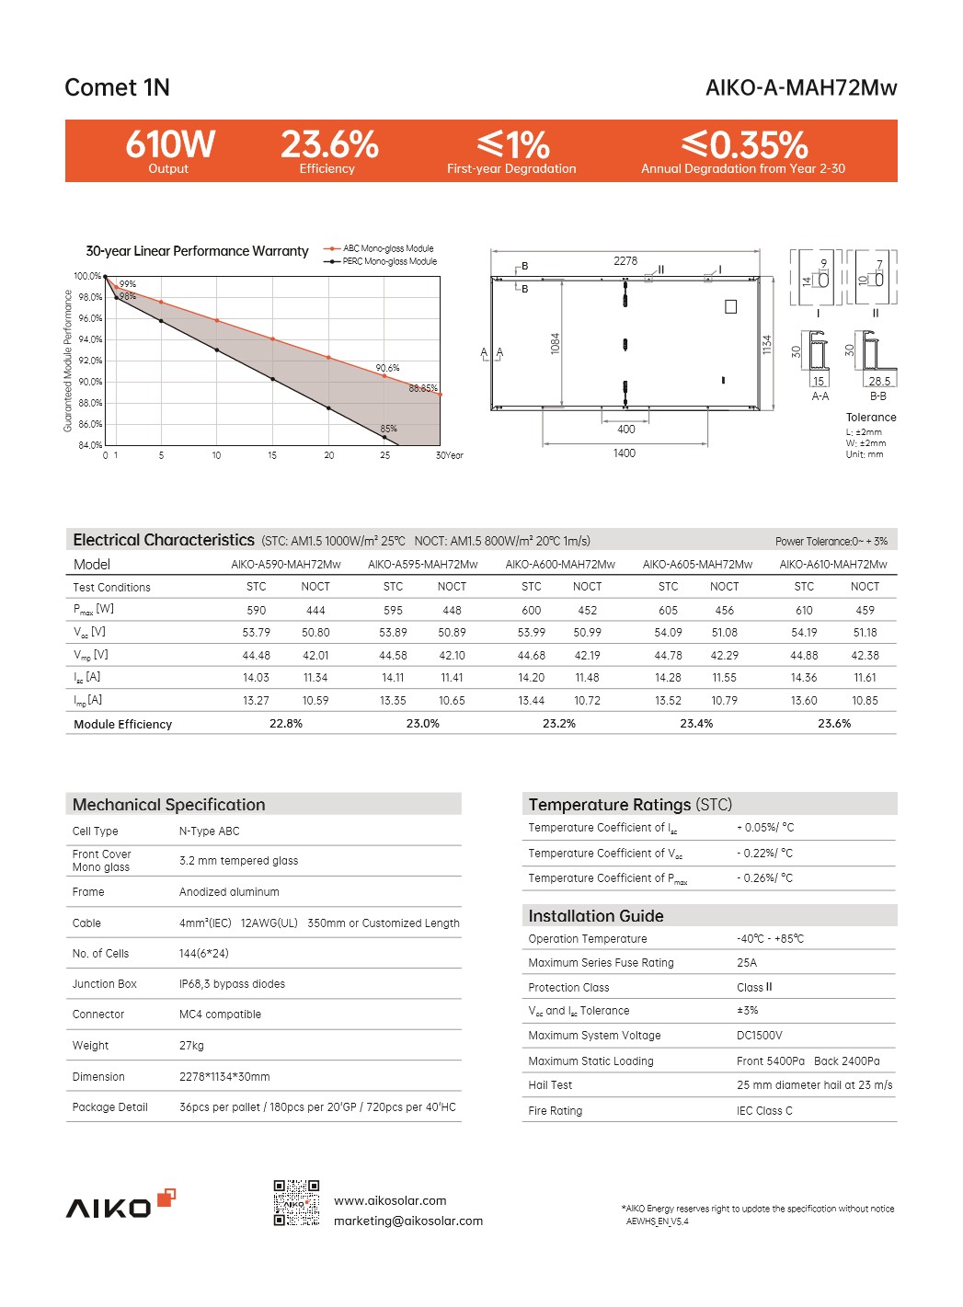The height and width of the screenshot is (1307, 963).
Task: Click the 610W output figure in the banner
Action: click(170, 145)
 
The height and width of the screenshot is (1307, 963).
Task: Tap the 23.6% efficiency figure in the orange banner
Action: click(328, 145)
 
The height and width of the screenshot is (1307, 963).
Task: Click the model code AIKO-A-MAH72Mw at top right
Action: click(800, 87)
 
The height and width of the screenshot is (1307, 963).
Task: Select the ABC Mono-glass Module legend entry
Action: click(387, 248)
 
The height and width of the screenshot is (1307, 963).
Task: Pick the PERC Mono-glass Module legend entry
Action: click(389, 261)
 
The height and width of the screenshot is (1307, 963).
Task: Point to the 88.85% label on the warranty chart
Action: click(423, 388)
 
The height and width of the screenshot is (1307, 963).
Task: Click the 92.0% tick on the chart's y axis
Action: click(90, 361)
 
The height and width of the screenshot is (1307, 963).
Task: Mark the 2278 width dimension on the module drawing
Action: click(625, 261)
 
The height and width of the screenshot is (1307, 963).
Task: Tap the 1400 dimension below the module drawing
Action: click(625, 453)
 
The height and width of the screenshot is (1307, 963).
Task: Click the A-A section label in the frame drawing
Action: click(820, 396)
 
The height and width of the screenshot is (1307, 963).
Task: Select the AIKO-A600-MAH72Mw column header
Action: click(560, 565)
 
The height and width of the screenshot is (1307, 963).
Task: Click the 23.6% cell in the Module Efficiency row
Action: click(834, 724)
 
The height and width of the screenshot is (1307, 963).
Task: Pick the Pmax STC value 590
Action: click(257, 610)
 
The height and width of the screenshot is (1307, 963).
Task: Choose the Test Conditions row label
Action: click(111, 587)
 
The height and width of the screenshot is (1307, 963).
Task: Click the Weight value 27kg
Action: click(191, 1046)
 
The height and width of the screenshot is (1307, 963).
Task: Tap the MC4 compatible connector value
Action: click(220, 1015)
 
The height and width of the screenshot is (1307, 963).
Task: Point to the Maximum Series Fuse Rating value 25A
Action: click(747, 963)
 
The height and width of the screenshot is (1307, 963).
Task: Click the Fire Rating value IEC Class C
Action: click(764, 1111)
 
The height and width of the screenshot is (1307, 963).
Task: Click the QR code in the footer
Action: click(296, 1203)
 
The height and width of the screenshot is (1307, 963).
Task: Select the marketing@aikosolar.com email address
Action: click(407, 1221)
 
